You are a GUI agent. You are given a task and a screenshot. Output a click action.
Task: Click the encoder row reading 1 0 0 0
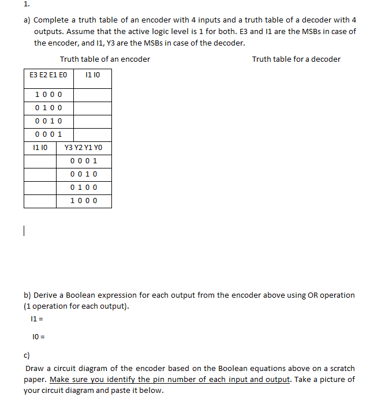(48, 95)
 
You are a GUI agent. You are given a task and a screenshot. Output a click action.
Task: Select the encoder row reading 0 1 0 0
(48, 108)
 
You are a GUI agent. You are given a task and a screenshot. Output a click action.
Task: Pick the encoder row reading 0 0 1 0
(48, 121)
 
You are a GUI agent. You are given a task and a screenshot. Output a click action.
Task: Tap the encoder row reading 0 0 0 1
(48, 134)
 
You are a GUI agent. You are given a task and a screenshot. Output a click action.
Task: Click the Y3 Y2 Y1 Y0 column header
(83, 148)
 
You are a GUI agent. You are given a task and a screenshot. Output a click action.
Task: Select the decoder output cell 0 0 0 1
(83, 161)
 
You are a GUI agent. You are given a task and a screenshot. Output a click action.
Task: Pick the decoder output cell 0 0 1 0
(83, 174)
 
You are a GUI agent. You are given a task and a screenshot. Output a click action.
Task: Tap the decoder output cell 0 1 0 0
(83, 188)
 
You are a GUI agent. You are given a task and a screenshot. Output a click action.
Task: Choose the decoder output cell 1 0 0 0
(83, 201)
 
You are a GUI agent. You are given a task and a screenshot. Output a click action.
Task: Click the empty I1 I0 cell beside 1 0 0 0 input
(92, 95)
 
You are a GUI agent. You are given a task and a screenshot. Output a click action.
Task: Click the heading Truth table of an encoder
(104, 59)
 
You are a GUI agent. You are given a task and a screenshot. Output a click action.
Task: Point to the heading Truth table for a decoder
(296, 59)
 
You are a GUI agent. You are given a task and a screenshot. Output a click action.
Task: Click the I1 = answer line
(34, 318)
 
